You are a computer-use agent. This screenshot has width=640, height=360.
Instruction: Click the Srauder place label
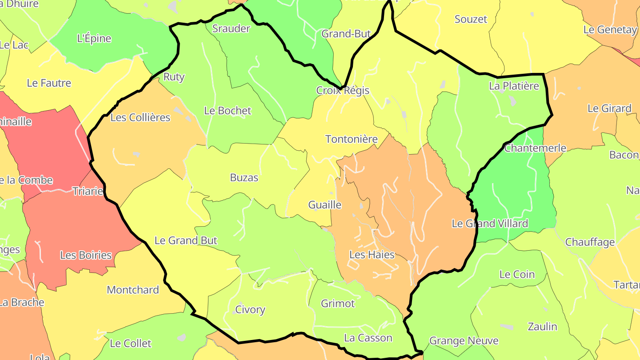pyautogui.click(x=231, y=28)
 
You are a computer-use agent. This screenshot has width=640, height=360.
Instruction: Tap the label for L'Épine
pyautogui.click(x=94, y=38)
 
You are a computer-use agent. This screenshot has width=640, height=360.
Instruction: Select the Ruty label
pyautogui.click(x=174, y=76)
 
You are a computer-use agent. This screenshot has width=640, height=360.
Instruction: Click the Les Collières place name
pyautogui.click(x=140, y=117)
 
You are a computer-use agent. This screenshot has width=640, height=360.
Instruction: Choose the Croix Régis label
pyautogui.click(x=343, y=90)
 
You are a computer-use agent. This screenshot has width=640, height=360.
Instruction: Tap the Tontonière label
pyautogui.click(x=351, y=139)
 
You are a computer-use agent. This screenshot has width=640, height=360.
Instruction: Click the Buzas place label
pyautogui.click(x=244, y=177)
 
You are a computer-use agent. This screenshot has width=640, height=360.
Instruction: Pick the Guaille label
pyautogui.click(x=325, y=204)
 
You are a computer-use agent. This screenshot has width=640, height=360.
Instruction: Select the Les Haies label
pyautogui.click(x=372, y=255)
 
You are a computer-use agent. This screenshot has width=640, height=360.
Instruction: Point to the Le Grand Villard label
pyautogui.click(x=490, y=223)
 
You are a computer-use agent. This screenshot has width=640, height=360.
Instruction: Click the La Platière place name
pyautogui.click(x=514, y=86)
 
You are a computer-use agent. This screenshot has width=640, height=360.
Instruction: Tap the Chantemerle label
pyautogui.click(x=535, y=148)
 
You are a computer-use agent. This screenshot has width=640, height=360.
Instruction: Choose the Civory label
pyautogui.click(x=250, y=309)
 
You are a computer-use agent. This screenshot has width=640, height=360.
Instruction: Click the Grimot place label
pyautogui.click(x=338, y=304)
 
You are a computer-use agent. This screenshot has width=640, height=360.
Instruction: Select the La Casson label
pyautogui.click(x=368, y=338)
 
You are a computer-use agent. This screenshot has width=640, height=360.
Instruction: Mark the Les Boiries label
pyautogui.click(x=86, y=255)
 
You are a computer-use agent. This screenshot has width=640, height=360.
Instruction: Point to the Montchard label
pyautogui.click(x=133, y=290)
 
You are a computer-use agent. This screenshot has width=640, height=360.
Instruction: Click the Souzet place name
pyautogui.click(x=471, y=19)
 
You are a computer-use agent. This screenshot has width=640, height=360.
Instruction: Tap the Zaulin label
pyautogui.click(x=542, y=326)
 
